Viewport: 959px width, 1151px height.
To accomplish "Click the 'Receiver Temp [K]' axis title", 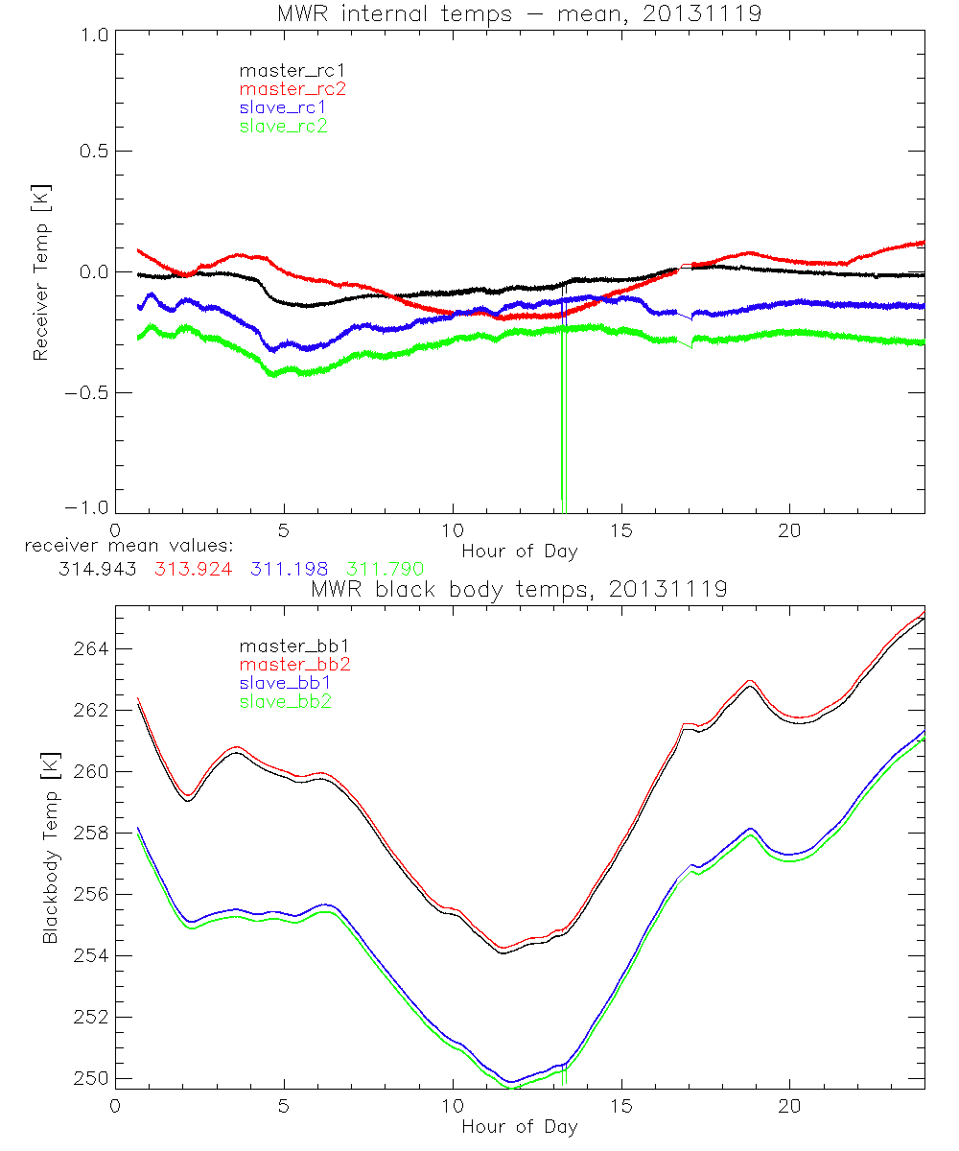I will tap(41, 271).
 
